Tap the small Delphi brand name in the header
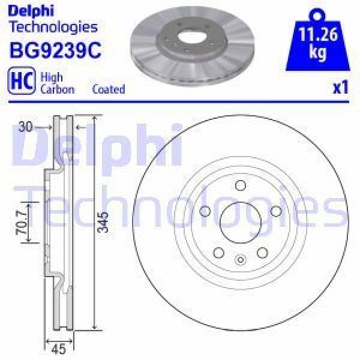click(28, 10)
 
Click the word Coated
click(109, 89)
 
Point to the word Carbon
click(57, 89)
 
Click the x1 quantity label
click(340, 88)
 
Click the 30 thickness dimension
click(25, 127)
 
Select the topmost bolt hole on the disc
click(240, 185)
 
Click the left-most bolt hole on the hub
click(204, 211)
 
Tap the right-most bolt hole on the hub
click(276, 211)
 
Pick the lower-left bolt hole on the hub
click(218, 253)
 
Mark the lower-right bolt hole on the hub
click(262, 253)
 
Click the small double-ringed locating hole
click(240, 260)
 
